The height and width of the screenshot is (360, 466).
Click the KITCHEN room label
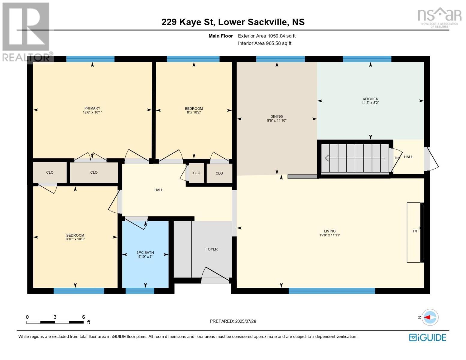point(370,99)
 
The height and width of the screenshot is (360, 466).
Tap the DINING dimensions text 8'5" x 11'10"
point(277,121)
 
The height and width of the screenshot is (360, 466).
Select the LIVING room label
point(330,231)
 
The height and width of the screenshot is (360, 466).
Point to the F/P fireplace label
point(415,231)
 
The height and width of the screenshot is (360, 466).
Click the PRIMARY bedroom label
point(92,108)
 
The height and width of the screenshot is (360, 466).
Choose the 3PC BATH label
point(145,253)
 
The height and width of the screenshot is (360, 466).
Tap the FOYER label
point(212,249)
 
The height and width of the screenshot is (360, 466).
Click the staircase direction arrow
point(355,158)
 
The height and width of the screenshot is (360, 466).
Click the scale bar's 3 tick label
point(55,317)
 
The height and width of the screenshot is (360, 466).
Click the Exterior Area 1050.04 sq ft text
point(267,36)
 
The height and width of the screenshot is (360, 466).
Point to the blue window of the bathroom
point(140,290)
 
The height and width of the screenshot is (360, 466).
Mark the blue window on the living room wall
point(332,290)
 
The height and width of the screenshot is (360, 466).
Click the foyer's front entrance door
point(215,275)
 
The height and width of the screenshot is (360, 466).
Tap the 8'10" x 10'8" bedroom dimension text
point(75,239)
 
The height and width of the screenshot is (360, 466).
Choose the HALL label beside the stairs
point(408,157)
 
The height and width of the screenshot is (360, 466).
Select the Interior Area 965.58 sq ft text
point(265,43)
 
